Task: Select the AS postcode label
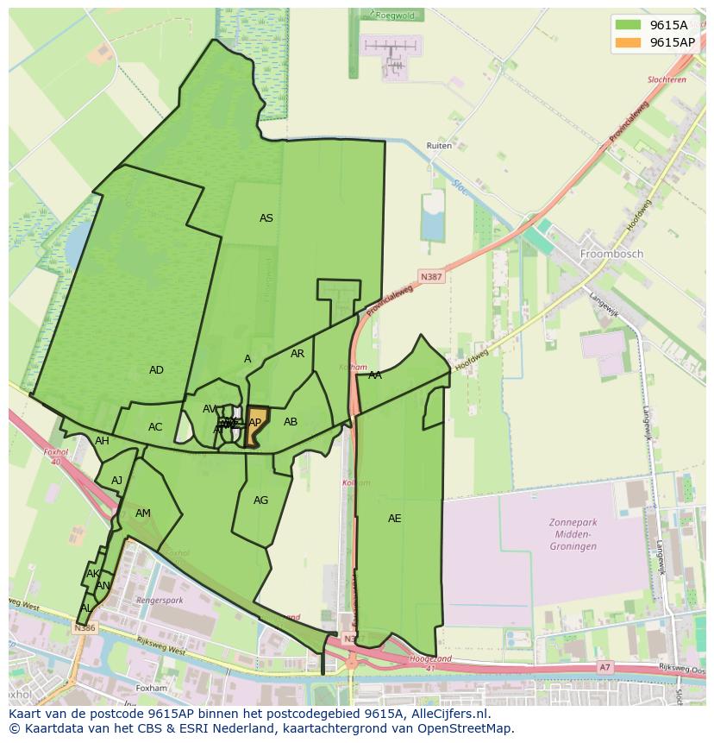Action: click(266, 218)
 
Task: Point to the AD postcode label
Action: click(156, 370)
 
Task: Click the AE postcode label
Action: click(395, 519)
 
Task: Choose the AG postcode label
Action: click(261, 501)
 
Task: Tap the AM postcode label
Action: click(143, 513)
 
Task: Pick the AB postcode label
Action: click(291, 422)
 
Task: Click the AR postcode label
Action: click(297, 354)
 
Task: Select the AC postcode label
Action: click(155, 427)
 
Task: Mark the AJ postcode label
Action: click(117, 481)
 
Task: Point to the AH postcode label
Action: click(103, 441)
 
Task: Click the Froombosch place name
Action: click(612, 255)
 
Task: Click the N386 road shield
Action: click(85, 628)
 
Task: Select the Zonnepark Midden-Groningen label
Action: click(573, 534)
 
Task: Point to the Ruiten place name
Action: click(439, 146)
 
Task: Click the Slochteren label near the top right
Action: click(667, 79)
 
